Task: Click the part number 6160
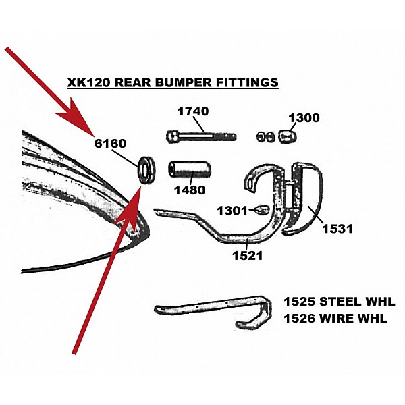[110, 144]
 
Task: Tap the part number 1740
[193, 111]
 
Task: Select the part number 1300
[304, 118]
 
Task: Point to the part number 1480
[190, 190]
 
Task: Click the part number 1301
[232, 211]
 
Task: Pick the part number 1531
[337, 229]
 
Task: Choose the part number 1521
[248, 255]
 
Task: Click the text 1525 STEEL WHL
[340, 302]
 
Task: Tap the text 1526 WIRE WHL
[335, 319]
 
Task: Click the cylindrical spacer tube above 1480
[190, 169]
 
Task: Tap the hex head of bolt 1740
[171, 136]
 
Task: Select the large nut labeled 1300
[288, 136]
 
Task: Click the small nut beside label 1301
[262, 210]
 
